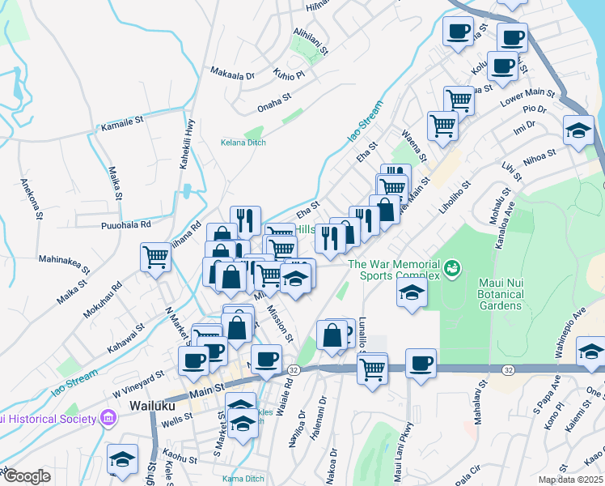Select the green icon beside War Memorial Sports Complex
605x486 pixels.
click(x=452, y=265)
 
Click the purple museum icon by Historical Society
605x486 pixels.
click(x=107, y=419)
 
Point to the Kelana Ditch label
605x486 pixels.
click(x=243, y=143)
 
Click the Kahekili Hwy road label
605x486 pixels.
click(x=190, y=141)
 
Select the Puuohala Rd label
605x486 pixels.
click(x=127, y=224)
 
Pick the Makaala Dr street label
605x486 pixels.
click(x=232, y=75)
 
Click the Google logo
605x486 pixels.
click(x=25, y=475)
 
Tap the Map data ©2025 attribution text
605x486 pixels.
click(x=569, y=480)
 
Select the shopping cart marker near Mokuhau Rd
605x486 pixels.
click(x=156, y=258)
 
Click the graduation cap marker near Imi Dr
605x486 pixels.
click(x=579, y=130)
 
